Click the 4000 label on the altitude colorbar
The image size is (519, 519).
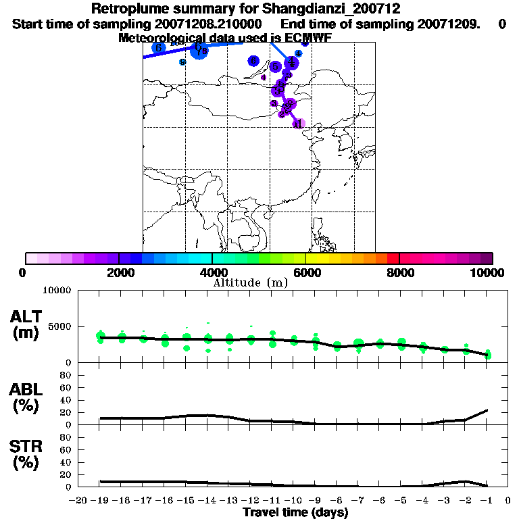click(212, 272)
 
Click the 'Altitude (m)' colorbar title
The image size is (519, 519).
click(250, 282)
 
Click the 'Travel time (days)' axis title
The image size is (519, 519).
click(295, 512)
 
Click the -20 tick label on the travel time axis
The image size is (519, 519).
click(79, 501)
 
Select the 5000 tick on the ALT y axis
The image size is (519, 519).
click(61, 326)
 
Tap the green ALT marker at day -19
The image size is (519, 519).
click(101, 337)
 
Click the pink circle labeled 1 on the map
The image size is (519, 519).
click(299, 123)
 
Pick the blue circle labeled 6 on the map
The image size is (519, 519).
click(159, 48)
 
